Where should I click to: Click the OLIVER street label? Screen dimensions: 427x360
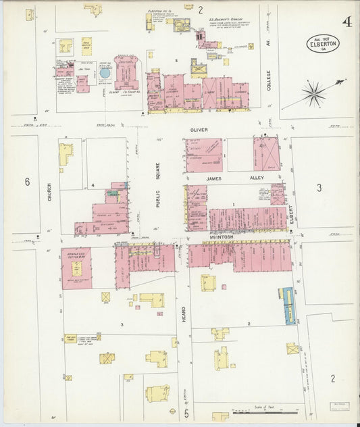point(203,128)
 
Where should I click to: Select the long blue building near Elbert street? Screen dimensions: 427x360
point(290,306)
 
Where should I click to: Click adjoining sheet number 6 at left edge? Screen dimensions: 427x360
point(28,182)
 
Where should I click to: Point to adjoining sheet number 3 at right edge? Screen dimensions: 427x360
point(318,187)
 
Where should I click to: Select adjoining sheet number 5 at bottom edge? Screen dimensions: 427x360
point(186,412)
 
